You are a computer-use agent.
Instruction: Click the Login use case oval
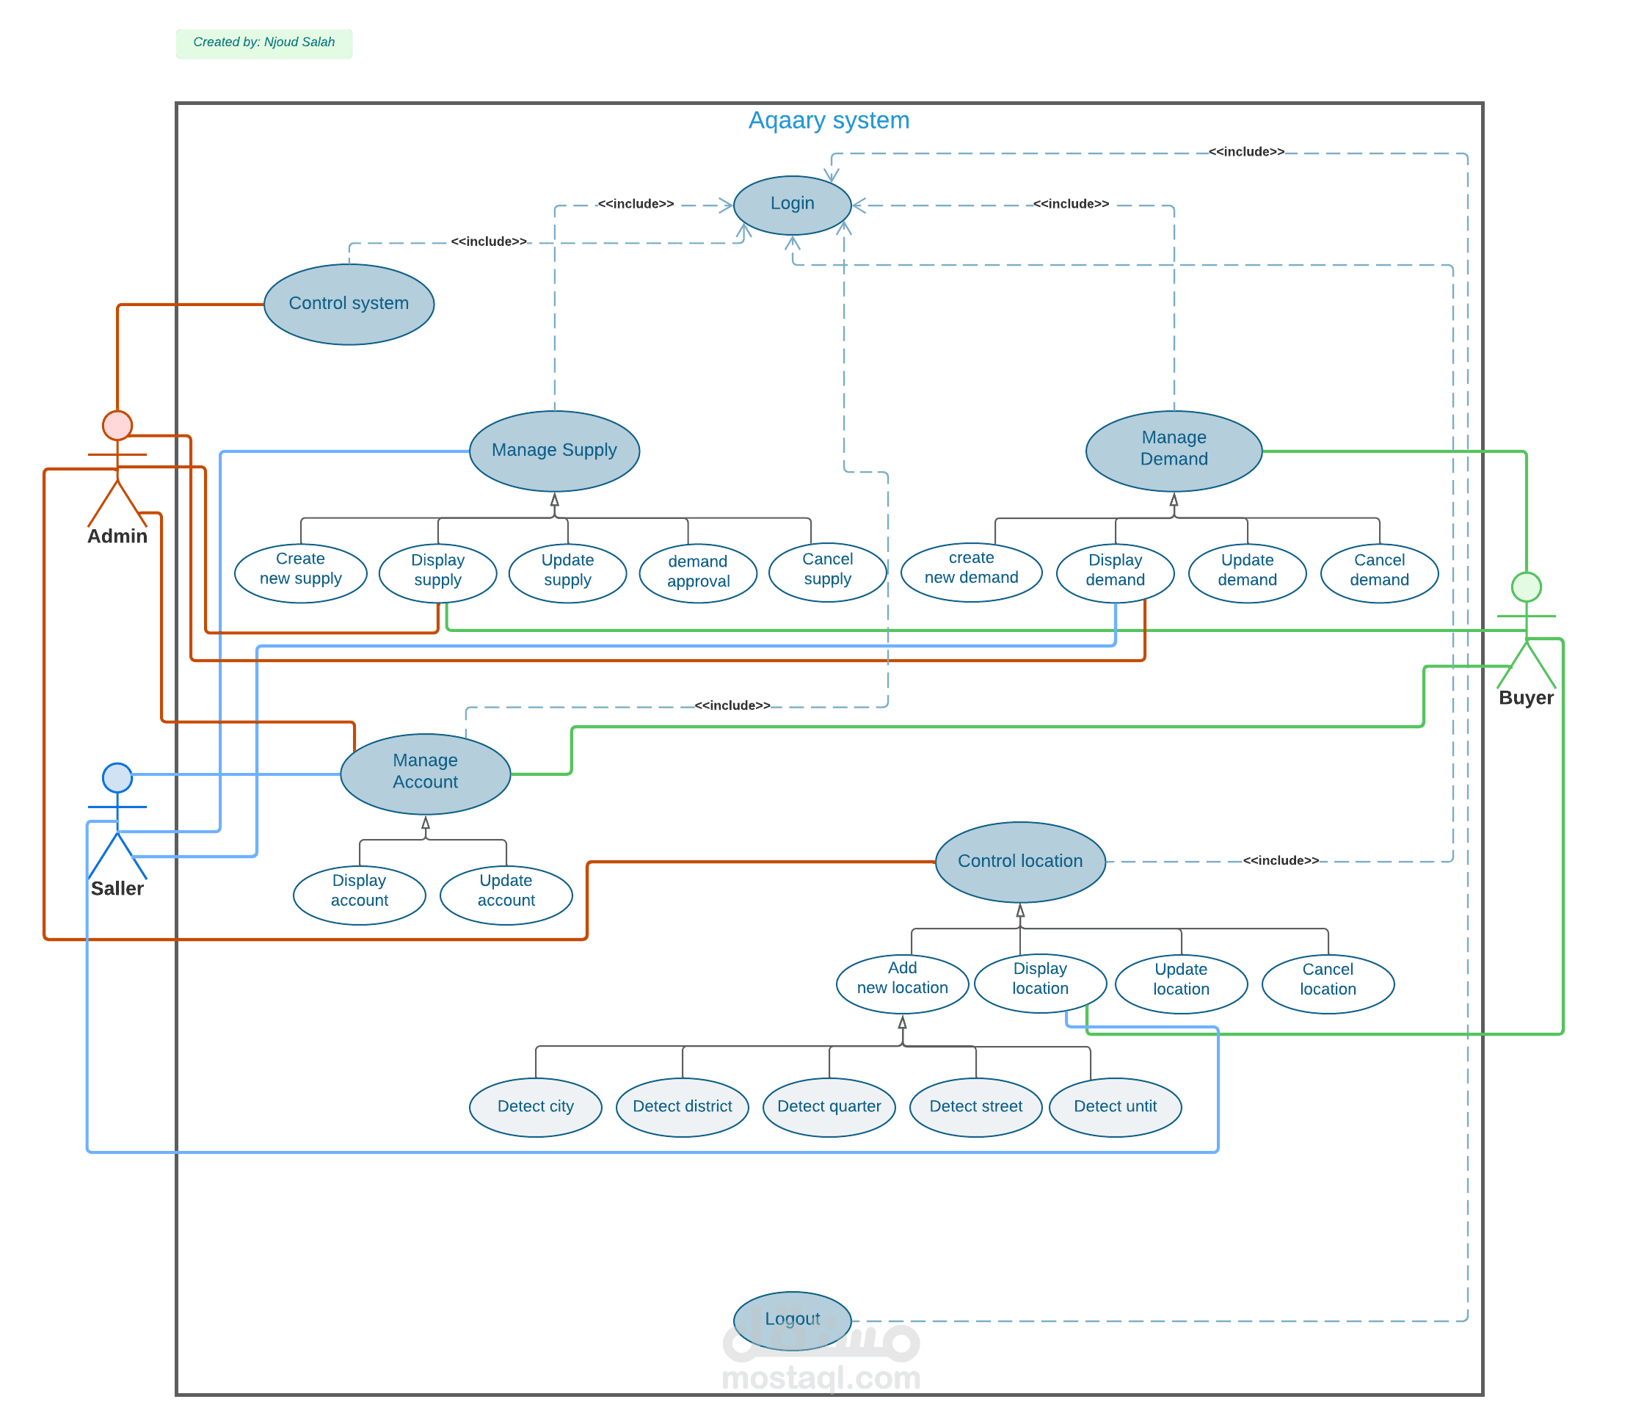(x=792, y=205)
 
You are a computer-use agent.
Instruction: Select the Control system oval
(x=349, y=305)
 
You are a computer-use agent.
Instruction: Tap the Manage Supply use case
(x=555, y=451)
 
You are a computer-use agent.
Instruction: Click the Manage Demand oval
(x=1174, y=451)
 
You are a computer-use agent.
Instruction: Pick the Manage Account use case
(x=425, y=773)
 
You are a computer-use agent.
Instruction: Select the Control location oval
(x=1020, y=862)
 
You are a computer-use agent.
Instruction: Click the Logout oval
(x=792, y=1320)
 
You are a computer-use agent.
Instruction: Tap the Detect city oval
(x=536, y=1107)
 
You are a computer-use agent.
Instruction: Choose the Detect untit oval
(x=1115, y=1107)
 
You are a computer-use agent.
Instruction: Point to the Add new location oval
(x=902, y=983)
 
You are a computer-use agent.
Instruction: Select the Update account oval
(x=506, y=895)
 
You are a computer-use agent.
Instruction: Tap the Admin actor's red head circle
(x=117, y=425)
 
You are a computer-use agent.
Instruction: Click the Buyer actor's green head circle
(x=1527, y=587)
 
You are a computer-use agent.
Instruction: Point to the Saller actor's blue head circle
(x=117, y=777)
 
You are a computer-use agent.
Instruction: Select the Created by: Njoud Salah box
(x=263, y=44)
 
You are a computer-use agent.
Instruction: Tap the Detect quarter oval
(x=829, y=1107)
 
